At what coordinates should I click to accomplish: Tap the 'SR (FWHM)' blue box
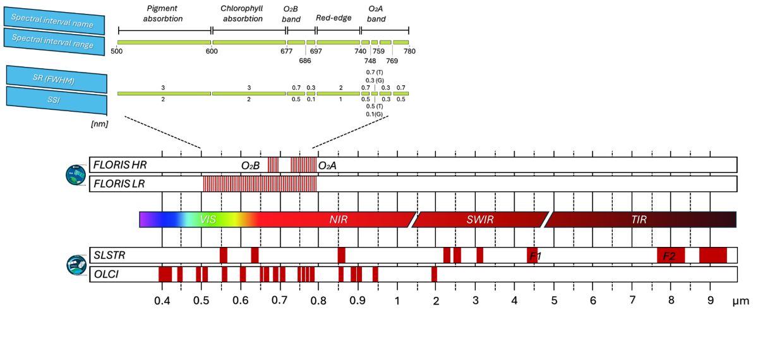click(55, 77)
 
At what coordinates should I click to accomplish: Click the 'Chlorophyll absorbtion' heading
click(241, 14)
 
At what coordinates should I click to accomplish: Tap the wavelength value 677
click(286, 52)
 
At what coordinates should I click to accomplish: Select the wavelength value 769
click(392, 61)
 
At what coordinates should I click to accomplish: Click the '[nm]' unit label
click(99, 124)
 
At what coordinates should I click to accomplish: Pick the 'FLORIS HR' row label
click(120, 165)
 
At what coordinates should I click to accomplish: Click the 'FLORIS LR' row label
click(119, 184)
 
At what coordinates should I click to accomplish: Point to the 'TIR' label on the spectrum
click(639, 220)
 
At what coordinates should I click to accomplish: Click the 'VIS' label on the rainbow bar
click(208, 220)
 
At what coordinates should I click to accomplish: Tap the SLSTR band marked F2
click(670, 256)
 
